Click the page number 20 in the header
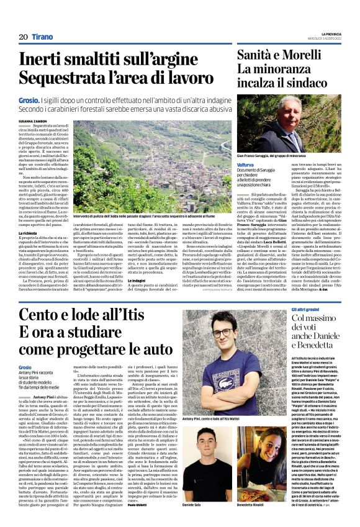(23, 37)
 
